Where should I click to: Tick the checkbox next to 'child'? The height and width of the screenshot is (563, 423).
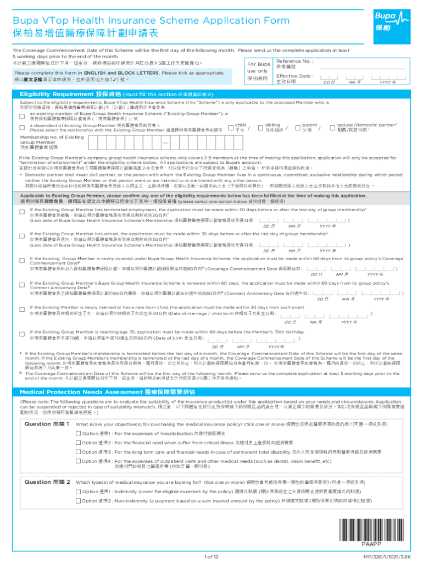pos(230,126)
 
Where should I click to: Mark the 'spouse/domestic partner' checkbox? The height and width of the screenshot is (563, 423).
pos(332,126)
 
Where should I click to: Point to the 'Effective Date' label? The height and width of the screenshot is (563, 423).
pos(294,76)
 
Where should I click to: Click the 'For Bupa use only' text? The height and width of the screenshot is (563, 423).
pos(258,71)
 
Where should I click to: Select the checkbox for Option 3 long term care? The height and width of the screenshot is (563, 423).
pos(78,451)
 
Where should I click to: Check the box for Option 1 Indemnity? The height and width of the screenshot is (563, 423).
pos(78,491)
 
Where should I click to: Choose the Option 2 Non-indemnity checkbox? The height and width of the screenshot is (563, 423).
pos(78,500)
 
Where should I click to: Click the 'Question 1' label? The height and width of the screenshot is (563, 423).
pos(47,424)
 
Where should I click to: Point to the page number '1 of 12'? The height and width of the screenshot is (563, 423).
pos(211,557)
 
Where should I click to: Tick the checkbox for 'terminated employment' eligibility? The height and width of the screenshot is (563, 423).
pos(22,211)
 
